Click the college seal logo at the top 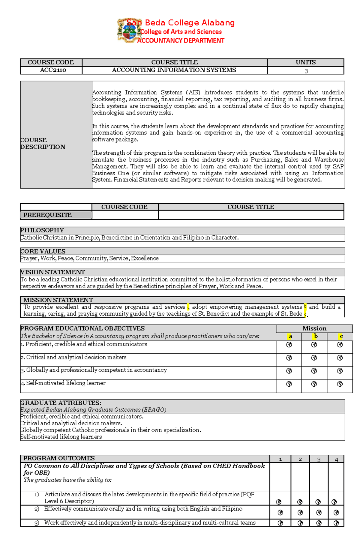pyautogui.click(x=129, y=30)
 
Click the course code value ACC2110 pyautogui.click(x=53, y=70)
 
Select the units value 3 pyautogui.click(x=306, y=71)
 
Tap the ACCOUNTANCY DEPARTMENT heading pyautogui.click(x=181, y=40)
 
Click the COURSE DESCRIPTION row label pyautogui.click(x=43, y=144)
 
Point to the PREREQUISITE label pyautogui.click(x=47, y=215)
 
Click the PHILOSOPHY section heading pyautogui.click(x=42, y=230)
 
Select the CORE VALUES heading pyautogui.click(x=43, y=251)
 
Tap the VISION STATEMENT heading pyautogui.click(x=53, y=272)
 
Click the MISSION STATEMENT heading pyautogui.click(x=58, y=300)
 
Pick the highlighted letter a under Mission pyautogui.click(x=290, y=336)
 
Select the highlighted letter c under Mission pyautogui.click(x=341, y=336)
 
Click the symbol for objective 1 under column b pyautogui.click(x=314, y=345)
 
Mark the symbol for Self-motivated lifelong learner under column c pyautogui.click(x=340, y=384)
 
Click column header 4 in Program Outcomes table pyautogui.click(x=336, y=459)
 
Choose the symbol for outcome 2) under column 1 pyautogui.click(x=280, y=513)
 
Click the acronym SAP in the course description pyautogui.click(x=338, y=166)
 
